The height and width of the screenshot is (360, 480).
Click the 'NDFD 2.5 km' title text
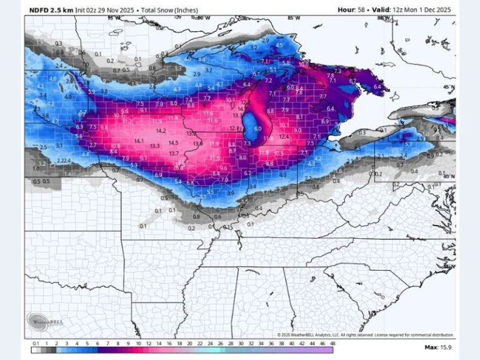coord(51,9)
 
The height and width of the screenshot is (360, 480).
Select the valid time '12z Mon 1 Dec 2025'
coord(418,9)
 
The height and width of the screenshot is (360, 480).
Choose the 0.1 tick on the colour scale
coord(36,343)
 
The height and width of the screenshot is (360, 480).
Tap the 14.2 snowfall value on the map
coord(161,131)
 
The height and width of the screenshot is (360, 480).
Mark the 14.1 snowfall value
coord(139,141)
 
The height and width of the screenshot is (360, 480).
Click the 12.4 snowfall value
coord(284,136)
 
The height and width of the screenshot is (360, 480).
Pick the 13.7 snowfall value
coord(174,153)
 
